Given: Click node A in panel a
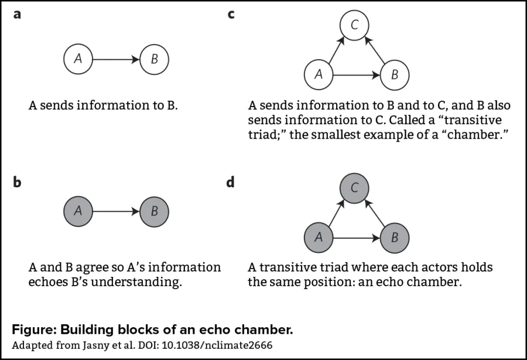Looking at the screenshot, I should [78, 59].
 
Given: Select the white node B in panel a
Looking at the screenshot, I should [154, 59].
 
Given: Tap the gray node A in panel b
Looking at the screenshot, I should [78, 211].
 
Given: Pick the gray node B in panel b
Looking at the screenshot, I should [154, 211].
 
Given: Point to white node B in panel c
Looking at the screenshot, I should [394, 74].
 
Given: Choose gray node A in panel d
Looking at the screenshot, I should [319, 237].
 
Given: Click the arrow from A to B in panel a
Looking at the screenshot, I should [116, 59].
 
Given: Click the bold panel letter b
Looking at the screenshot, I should [17, 182].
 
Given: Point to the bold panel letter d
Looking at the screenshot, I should [230, 182].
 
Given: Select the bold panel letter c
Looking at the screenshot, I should [231, 13].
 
